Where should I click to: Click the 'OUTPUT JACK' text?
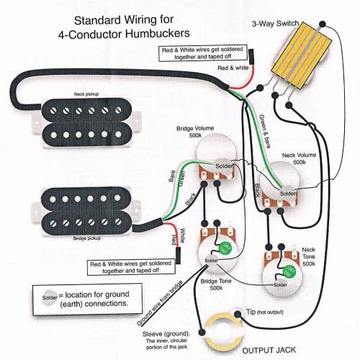click(270, 348)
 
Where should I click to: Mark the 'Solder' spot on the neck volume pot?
click(287, 193)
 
